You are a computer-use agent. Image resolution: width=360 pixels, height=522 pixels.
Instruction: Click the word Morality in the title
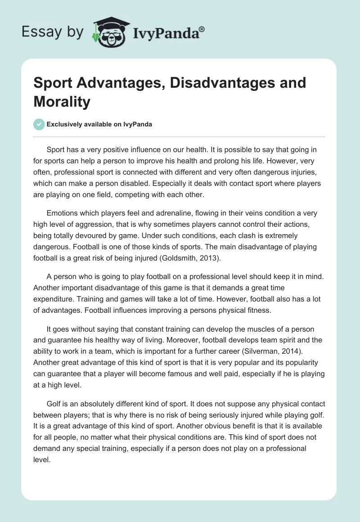point(62,102)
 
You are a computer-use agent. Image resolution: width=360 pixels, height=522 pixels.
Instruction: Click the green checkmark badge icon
point(39,124)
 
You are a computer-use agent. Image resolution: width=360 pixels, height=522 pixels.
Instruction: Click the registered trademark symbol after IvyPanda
point(202,28)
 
